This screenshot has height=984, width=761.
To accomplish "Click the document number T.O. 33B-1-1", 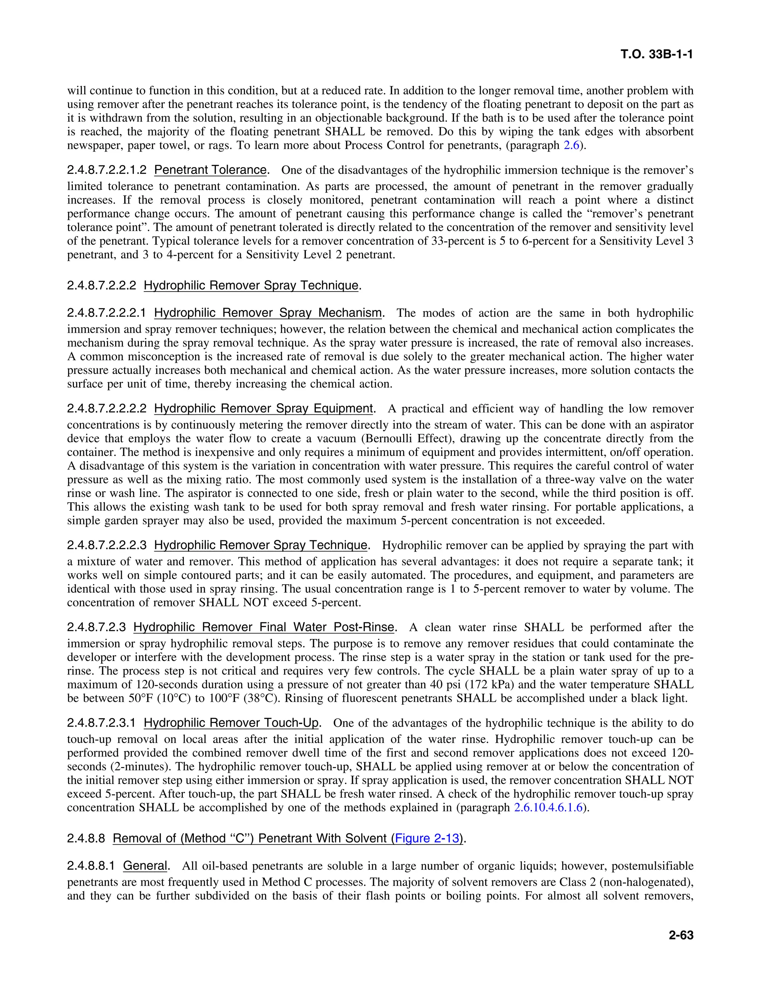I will pos(657,55).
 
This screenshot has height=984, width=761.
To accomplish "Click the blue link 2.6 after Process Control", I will pos(571,146).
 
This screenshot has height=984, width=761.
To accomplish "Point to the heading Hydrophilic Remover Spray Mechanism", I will pos(268,313).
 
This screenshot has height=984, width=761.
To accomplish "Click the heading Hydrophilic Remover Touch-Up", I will pos(231,723).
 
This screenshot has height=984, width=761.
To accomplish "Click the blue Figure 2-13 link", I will pos(427,838).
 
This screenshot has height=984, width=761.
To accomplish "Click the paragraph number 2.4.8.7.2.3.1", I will pos(101,723).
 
